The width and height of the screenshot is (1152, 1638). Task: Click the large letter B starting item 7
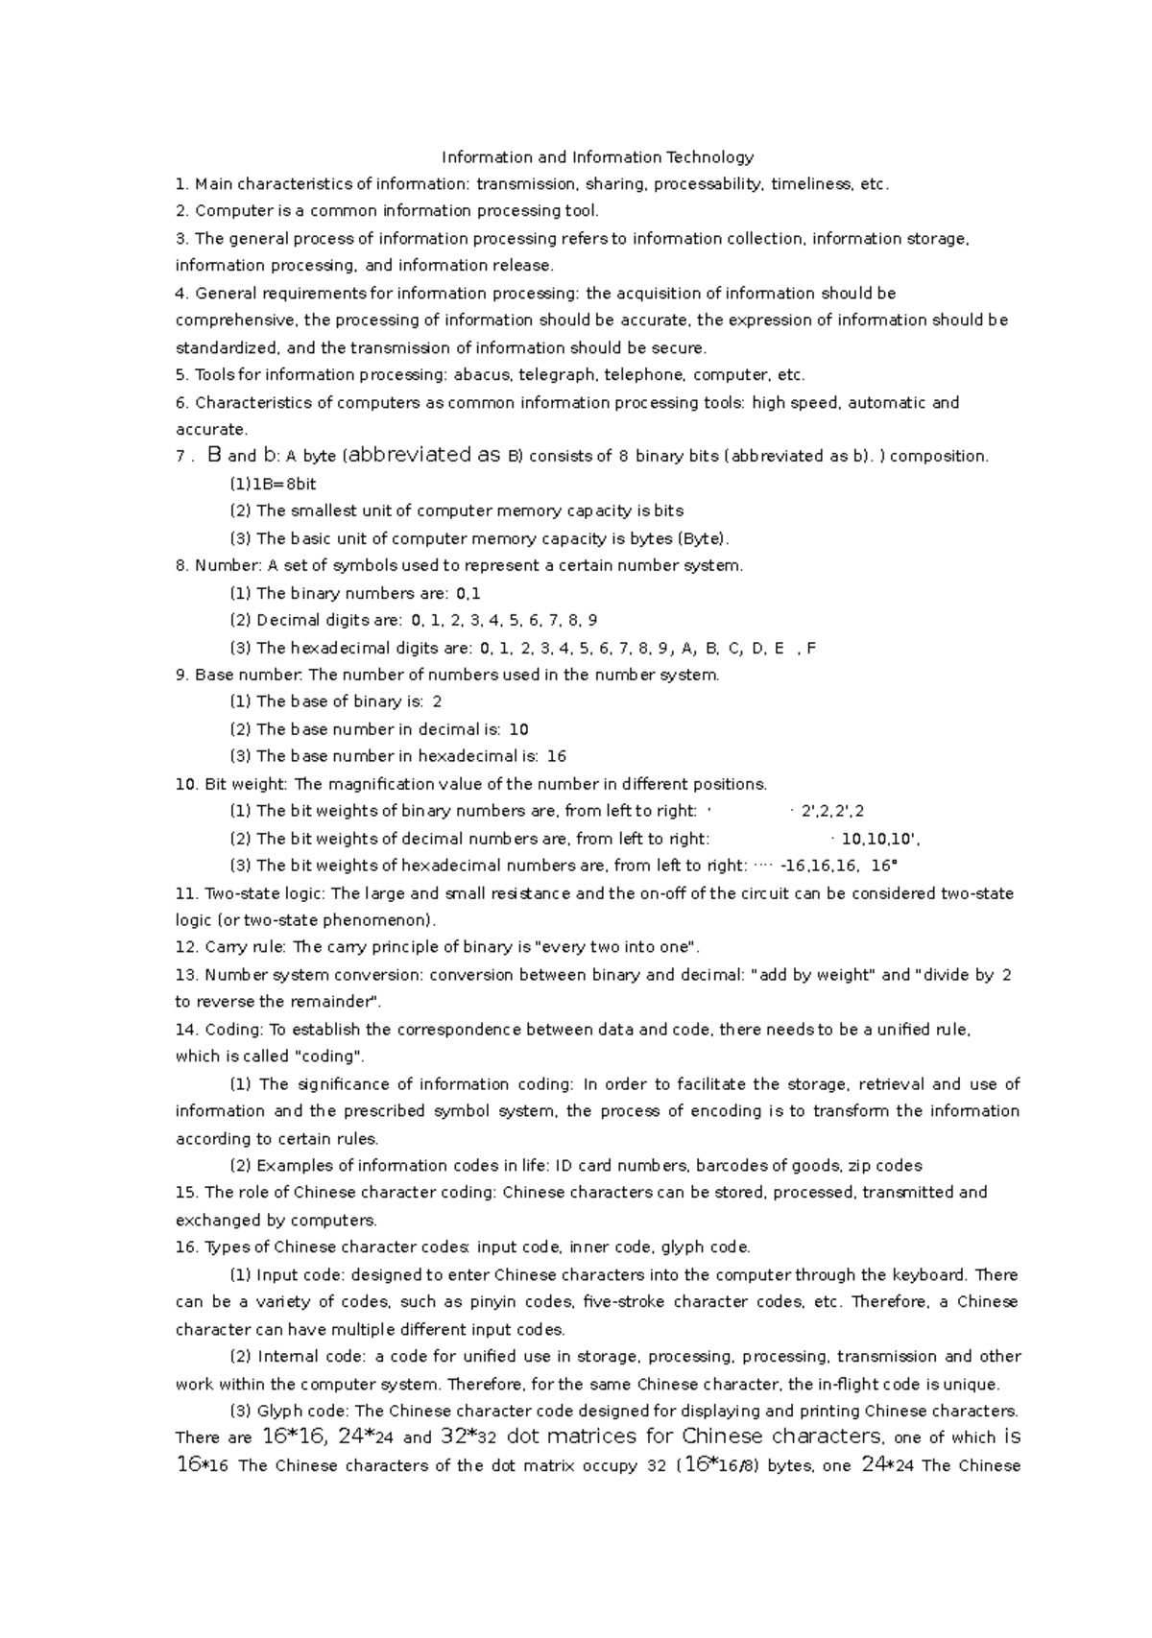214,456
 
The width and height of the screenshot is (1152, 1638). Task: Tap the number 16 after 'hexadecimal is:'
556,756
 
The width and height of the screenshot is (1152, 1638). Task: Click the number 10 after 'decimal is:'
518,729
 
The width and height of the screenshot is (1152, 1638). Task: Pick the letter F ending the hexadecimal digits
812,648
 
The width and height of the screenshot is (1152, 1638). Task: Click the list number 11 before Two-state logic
186,893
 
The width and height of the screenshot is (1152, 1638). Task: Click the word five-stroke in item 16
623,1302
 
